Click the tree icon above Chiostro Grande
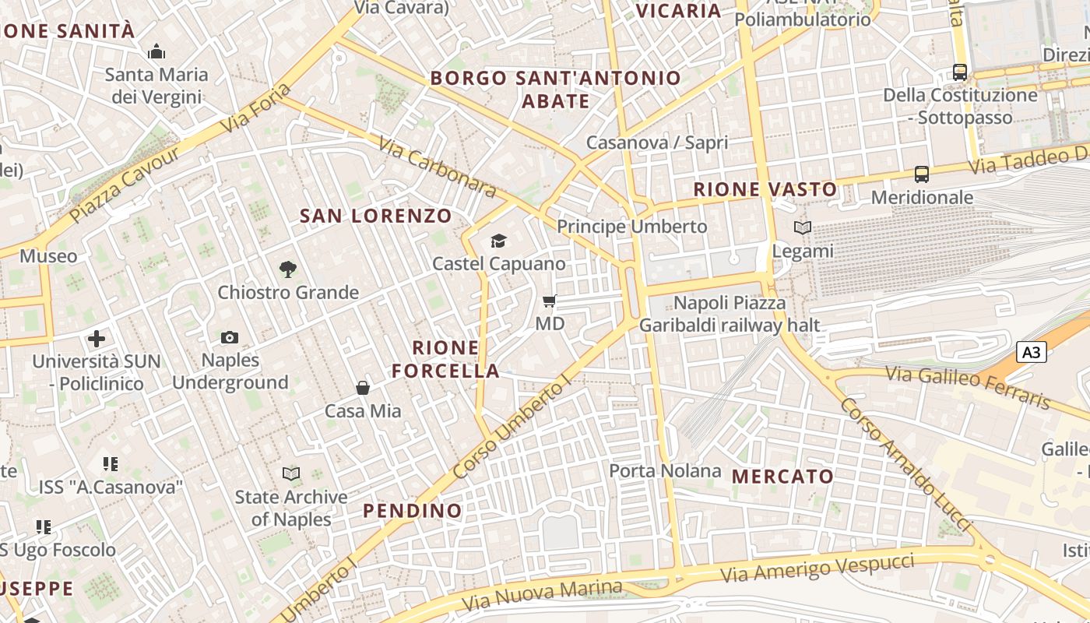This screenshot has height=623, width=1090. tap(288, 269)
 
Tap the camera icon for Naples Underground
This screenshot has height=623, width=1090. tap(230, 337)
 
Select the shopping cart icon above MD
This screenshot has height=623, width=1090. tap(550, 301)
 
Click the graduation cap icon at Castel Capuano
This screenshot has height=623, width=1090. tap(498, 241)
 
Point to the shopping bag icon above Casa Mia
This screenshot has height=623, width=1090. tap(363, 387)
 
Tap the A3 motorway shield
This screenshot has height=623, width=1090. tap(1030, 352)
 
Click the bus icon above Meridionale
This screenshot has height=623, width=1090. tap(922, 174)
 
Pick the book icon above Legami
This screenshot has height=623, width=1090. tap(803, 228)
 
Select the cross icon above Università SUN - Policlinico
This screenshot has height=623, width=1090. tap(97, 339)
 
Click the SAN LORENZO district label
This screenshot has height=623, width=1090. tap(376, 216)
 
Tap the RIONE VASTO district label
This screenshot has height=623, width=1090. tap(765, 189)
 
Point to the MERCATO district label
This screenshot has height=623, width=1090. tap(782, 476)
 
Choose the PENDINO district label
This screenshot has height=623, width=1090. tap(413, 511)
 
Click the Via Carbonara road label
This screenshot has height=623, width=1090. tap(438, 167)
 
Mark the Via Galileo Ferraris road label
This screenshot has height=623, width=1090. tap(969, 387)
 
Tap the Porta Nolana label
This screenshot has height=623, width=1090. tap(665, 470)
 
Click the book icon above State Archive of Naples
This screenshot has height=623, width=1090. tap(291, 473)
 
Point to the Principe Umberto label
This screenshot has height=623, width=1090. tap(631, 227)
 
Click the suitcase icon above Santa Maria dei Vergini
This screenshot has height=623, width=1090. tap(156, 52)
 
